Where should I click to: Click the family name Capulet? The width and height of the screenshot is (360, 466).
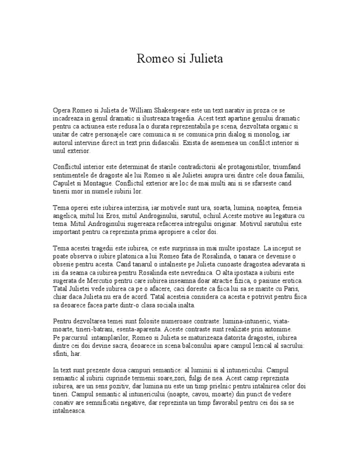click(x=64, y=184)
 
